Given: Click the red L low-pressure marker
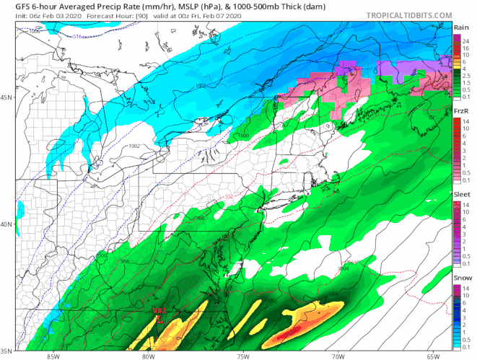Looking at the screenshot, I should click(x=159, y=319).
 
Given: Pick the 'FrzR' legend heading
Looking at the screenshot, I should click(x=461, y=110).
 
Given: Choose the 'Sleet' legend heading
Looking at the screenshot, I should click(x=461, y=194).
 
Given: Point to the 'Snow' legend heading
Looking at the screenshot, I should click(x=461, y=278).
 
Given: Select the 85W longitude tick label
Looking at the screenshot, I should click(x=52, y=355).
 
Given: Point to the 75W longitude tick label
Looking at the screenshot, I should click(x=244, y=355).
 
